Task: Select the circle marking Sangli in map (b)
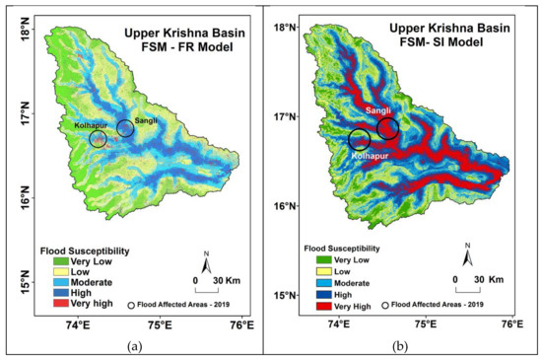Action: click(387, 129)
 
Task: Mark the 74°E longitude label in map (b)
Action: click(338, 323)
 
